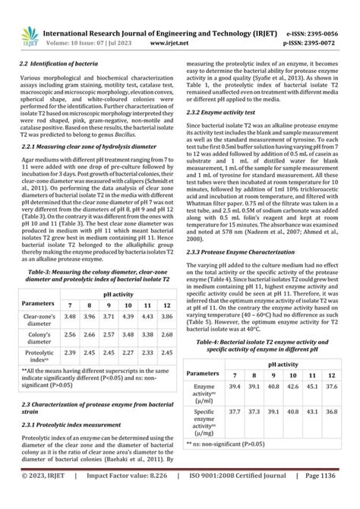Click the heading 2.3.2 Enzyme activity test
tap(220, 111)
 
